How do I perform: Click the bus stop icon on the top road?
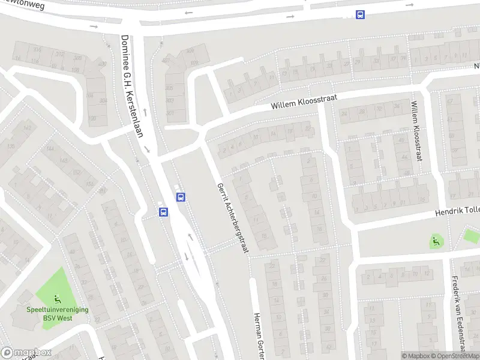tap(360, 15)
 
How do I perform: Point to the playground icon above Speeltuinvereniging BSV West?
tap(56, 299)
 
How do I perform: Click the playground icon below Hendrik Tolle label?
tap(436, 241)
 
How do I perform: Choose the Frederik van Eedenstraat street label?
tap(458, 312)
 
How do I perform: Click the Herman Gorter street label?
tap(259, 336)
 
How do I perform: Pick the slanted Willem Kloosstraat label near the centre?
tap(304, 100)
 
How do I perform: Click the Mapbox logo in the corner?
tap(26, 353)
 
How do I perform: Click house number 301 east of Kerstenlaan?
tap(170, 113)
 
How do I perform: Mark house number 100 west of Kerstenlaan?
tap(92, 118)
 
